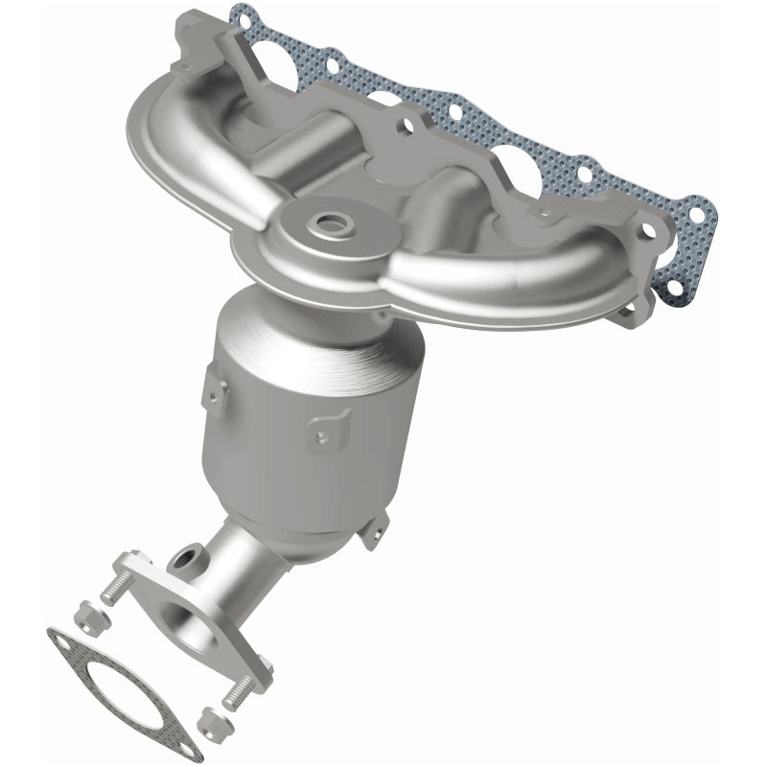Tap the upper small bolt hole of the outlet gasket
(64, 639)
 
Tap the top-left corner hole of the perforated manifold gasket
(244, 16)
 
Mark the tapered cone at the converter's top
(288, 326)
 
